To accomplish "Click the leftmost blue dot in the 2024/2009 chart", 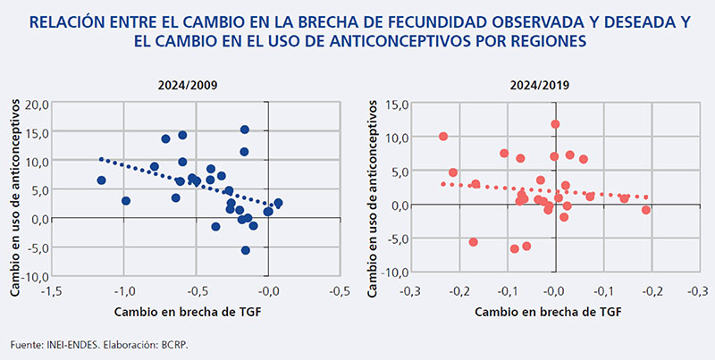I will [x=101, y=180].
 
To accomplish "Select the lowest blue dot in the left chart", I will [x=246, y=250].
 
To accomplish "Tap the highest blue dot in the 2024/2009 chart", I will [x=244, y=130].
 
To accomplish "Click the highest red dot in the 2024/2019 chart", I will [x=555, y=124].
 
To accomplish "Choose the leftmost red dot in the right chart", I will [x=442, y=137].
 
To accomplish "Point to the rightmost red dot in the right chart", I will [x=646, y=210].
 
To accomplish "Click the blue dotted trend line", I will [x=179, y=180].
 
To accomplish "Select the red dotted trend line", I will [x=536, y=190].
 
